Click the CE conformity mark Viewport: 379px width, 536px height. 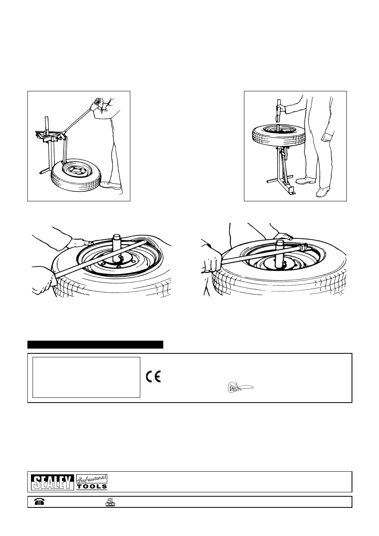(x=153, y=376)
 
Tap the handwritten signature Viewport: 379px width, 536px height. (x=240, y=388)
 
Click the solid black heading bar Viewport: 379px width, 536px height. (x=95, y=345)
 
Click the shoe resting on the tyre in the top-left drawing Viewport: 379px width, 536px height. (x=110, y=185)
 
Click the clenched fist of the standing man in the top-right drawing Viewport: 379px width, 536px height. (x=327, y=137)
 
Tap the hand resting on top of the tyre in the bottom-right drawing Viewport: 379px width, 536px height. (x=283, y=237)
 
